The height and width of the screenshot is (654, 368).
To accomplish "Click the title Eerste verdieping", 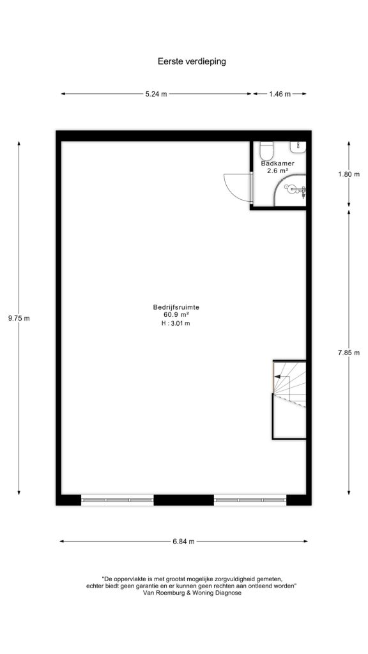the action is [192, 61].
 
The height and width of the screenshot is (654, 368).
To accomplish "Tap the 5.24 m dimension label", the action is [156, 95].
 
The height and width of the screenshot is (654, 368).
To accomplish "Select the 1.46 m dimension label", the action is [280, 95].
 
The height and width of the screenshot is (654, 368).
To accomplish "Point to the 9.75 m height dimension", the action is [19, 318].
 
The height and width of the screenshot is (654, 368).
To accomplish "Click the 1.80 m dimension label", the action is [349, 174].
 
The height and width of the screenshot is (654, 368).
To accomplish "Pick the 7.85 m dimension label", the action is [349, 353].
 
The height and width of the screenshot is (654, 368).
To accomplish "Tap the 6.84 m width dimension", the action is [183, 542].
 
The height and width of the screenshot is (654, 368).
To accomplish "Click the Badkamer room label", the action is [277, 163].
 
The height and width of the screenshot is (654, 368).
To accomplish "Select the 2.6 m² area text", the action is [277, 171].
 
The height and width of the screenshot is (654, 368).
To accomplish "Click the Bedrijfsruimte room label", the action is [176, 308].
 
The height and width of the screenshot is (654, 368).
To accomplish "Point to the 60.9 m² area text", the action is [176, 316].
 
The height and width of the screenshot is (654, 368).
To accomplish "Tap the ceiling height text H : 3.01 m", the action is [176, 323].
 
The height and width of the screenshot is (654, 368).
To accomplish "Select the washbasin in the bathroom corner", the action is [298, 146].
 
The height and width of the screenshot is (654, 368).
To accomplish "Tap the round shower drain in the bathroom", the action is [291, 189].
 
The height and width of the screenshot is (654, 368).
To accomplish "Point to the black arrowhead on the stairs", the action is [277, 376].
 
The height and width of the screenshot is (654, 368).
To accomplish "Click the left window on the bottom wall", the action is [118, 499].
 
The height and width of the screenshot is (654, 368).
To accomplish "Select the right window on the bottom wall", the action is [250, 499].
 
